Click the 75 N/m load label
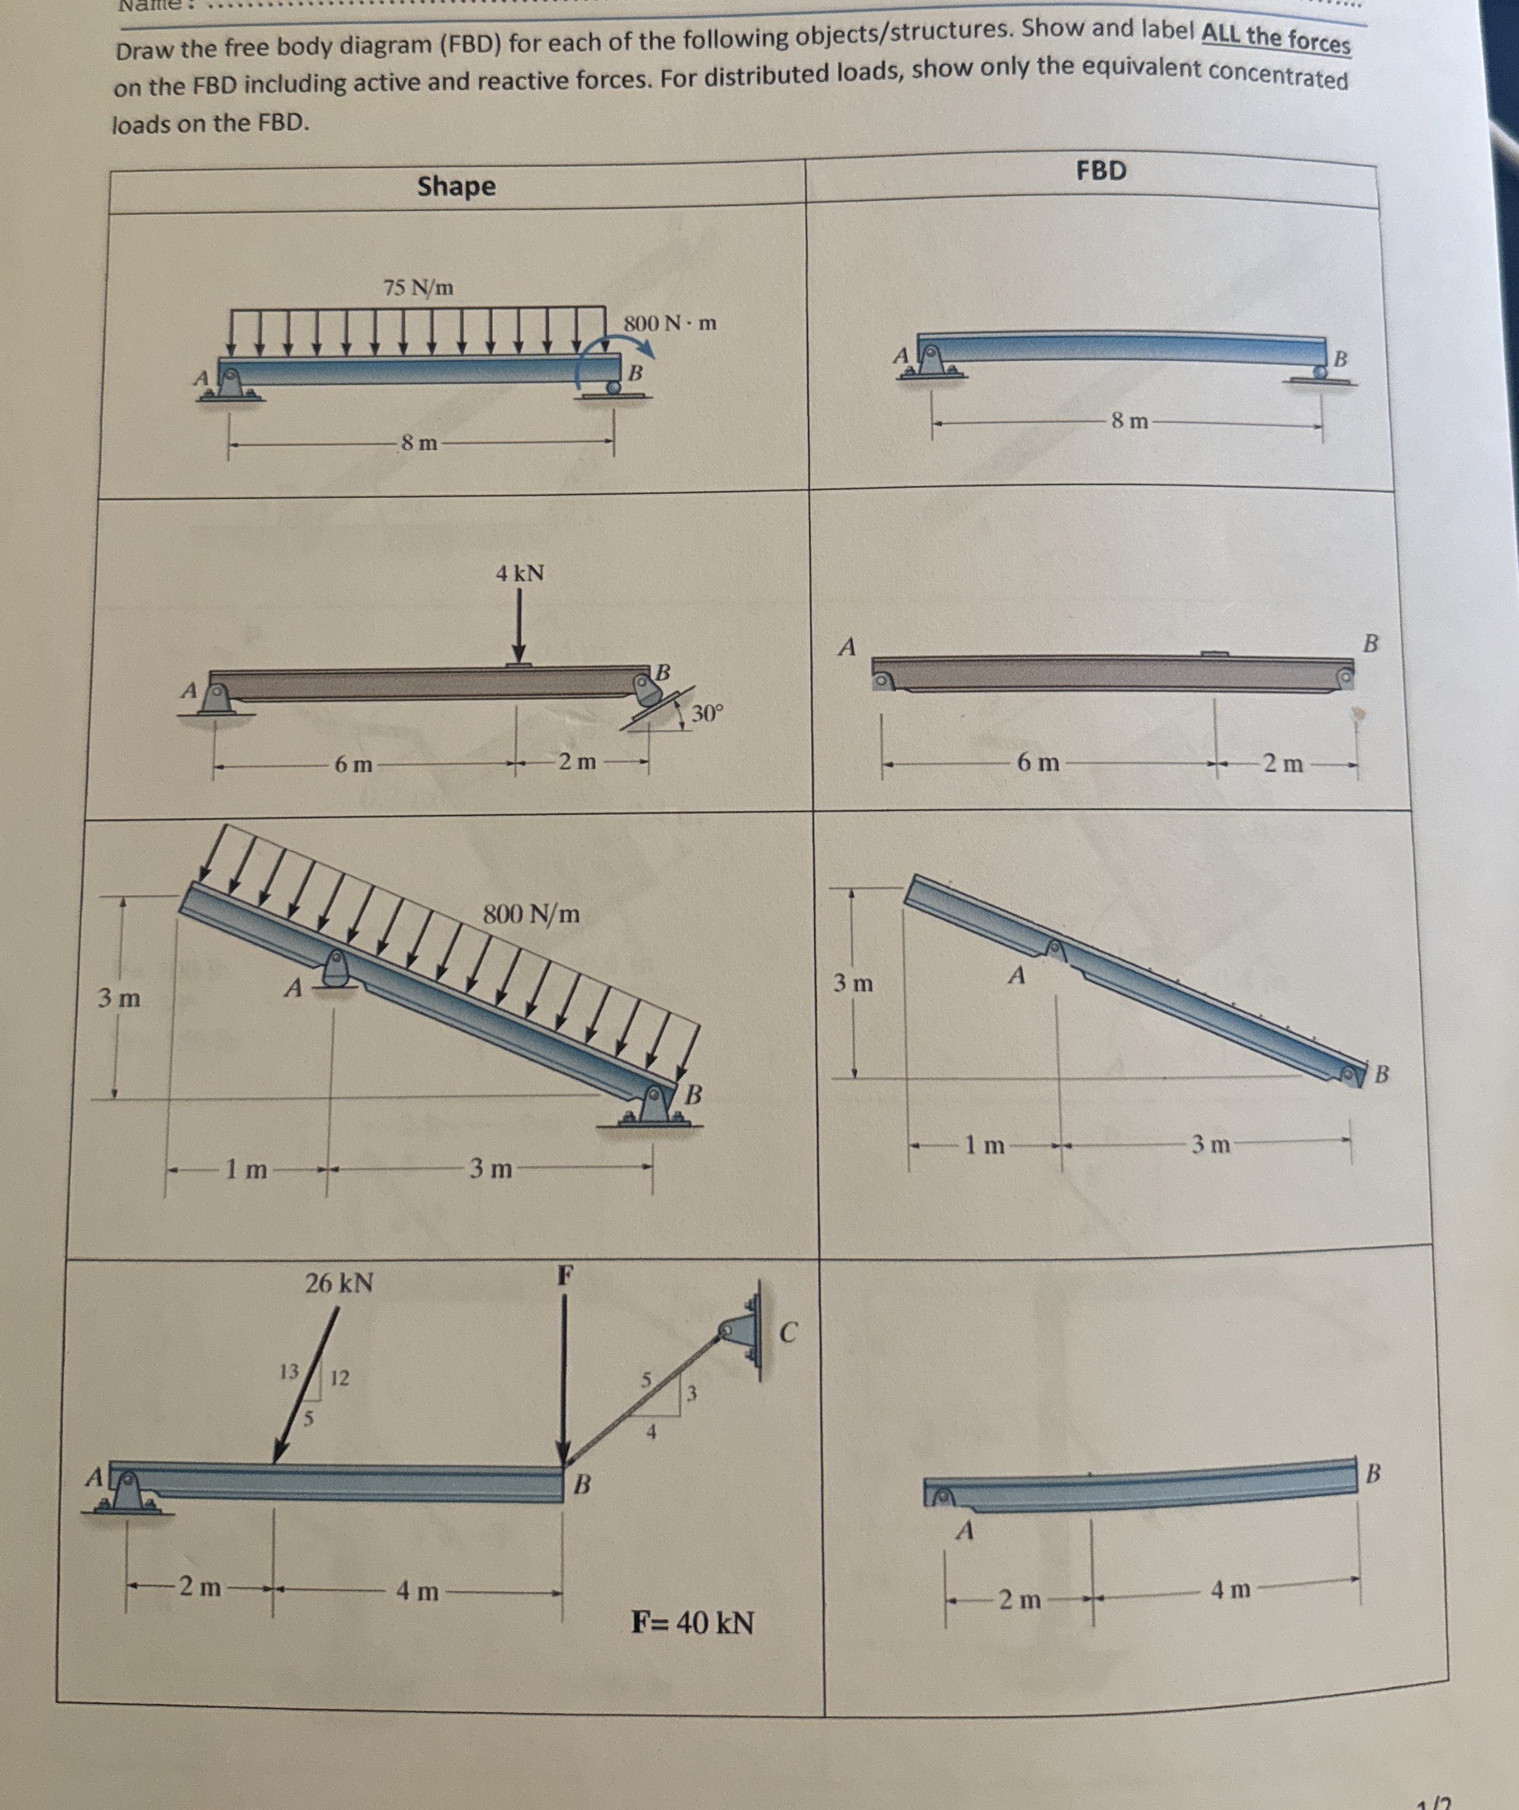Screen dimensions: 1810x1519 (x=418, y=287)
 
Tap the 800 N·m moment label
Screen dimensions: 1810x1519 (x=670, y=324)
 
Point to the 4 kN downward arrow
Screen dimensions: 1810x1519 (x=519, y=624)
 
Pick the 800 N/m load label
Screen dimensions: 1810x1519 (x=531, y=914)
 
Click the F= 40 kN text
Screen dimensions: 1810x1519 (x=693, y=1624)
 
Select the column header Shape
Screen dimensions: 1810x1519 (x=456, y=186)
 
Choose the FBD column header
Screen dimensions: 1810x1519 (x=1101, y=171)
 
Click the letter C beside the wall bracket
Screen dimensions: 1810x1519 (x=789, y=1332)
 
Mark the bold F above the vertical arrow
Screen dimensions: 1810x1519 (x=564, y=1274)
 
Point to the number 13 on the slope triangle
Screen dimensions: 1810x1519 (x=290, y=1371)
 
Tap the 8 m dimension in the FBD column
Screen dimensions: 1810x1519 (x=1130, y=422)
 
